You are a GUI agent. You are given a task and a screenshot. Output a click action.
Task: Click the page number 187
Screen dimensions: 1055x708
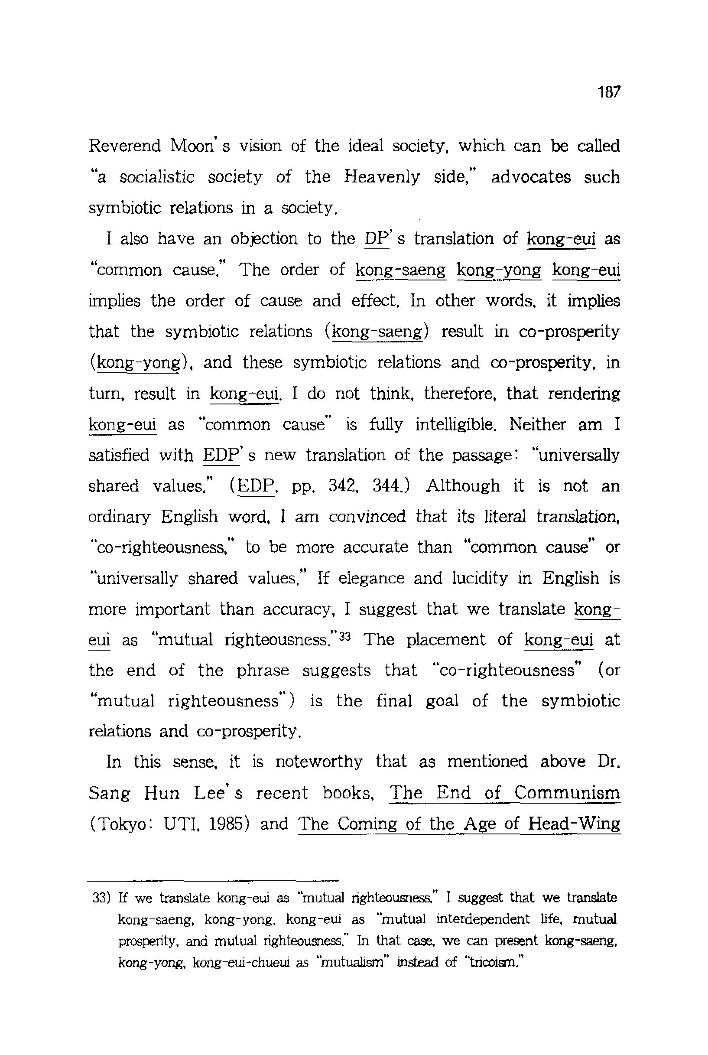(610, 92)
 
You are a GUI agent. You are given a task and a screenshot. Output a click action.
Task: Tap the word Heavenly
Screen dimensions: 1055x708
(382, 177)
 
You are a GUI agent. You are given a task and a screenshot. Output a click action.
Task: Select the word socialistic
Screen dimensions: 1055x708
(157, 177)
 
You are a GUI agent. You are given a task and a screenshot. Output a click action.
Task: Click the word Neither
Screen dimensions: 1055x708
(538, 424)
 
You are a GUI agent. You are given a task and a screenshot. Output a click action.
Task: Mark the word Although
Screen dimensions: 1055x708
(463, 486)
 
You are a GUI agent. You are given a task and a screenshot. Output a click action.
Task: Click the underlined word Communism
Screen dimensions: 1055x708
(567, 793)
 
